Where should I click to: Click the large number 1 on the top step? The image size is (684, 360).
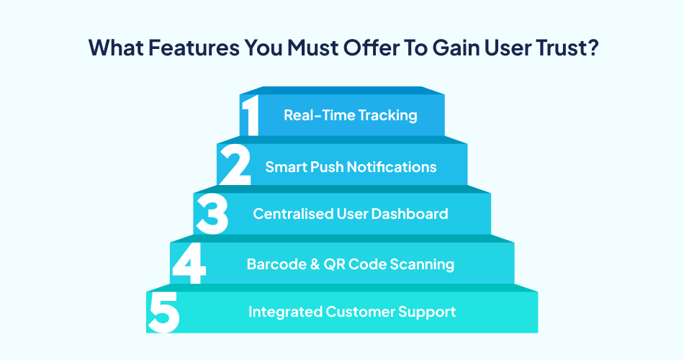pyautogui.click(x=250, y=115)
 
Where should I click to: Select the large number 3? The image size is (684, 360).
pyautogui.click(x=212, y=213)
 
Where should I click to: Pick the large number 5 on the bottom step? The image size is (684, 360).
pyautogui.click(x=164, y=312)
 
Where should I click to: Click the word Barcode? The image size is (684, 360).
pyautogui.click(x=272, y=264)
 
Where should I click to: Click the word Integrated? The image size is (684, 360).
pyautogui.click(x=285, y=312)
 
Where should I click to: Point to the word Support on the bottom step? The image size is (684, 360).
pyautogui.click(x=429, y=312)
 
